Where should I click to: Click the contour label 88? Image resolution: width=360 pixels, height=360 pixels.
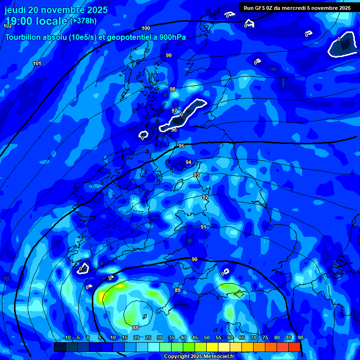click(135, 328)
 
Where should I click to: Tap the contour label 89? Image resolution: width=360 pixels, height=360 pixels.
click(177, 291)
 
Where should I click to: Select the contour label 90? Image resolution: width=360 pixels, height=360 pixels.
click(195, 259)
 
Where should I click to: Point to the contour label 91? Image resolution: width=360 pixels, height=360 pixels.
click(203, 227)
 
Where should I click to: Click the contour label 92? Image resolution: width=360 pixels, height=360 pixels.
click(205, 197)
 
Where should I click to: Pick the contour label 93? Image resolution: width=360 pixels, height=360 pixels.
click(196, 175)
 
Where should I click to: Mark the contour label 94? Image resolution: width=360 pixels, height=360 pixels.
click(188, 162)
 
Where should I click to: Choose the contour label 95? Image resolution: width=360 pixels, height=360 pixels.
click(181, 146)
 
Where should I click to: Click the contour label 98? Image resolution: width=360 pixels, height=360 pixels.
click(172, 89)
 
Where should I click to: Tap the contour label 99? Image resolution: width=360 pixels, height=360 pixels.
click(169, 55)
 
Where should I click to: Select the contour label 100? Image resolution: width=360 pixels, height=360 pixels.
click(146, 29)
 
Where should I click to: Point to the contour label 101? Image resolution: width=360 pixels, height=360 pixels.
click(37, 63)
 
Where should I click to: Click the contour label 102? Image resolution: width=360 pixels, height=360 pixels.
click(7, 26)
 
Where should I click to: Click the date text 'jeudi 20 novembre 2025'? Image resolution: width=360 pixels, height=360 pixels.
click(56, 10)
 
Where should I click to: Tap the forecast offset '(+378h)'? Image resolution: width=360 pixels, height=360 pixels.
click(83, 21)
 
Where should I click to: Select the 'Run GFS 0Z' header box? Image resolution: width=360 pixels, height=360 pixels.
click(297, 8)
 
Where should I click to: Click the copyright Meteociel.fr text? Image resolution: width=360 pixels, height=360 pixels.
click(198, 356)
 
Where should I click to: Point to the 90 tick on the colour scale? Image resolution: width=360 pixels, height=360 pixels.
click(300, 337)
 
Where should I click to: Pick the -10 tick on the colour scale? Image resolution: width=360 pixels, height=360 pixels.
click(67, 337)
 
